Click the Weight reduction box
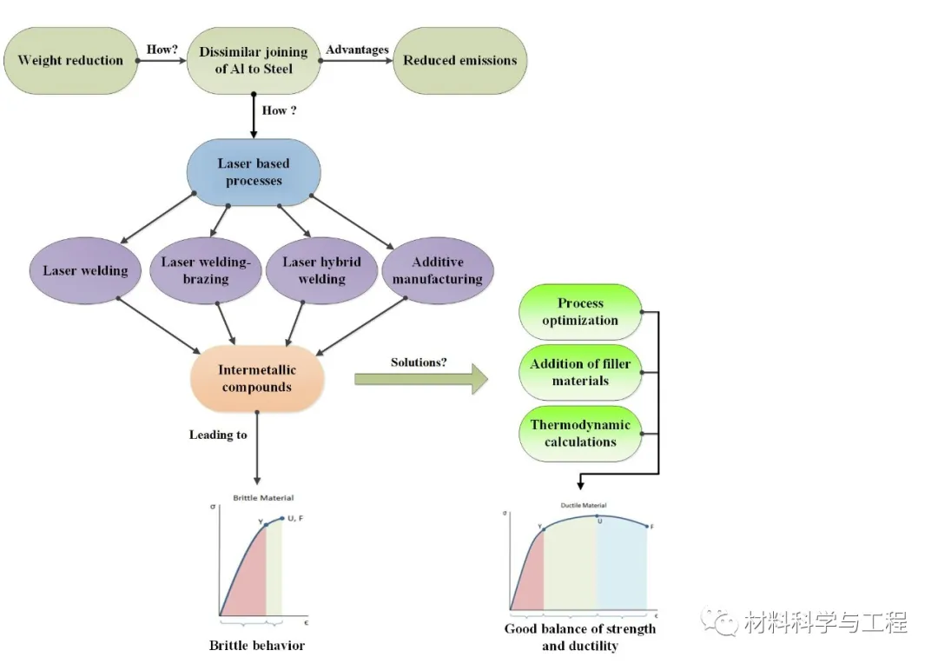point(70,61)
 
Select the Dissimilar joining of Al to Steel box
point(254,61)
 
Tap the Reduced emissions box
point(459,61)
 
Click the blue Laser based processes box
point(254,172)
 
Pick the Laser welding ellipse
point(85,270)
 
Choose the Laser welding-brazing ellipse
point(206,270)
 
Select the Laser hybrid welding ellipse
point(322,270)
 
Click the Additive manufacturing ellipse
point(437,270)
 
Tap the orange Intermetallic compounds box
point(257,379)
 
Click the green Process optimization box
point(580,312)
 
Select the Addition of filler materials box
point(580,373)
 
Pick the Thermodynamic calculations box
point(580,434)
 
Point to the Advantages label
point(357,50)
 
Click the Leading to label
point(218,435)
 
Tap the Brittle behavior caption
point(257,645)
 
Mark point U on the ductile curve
point(597,516)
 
